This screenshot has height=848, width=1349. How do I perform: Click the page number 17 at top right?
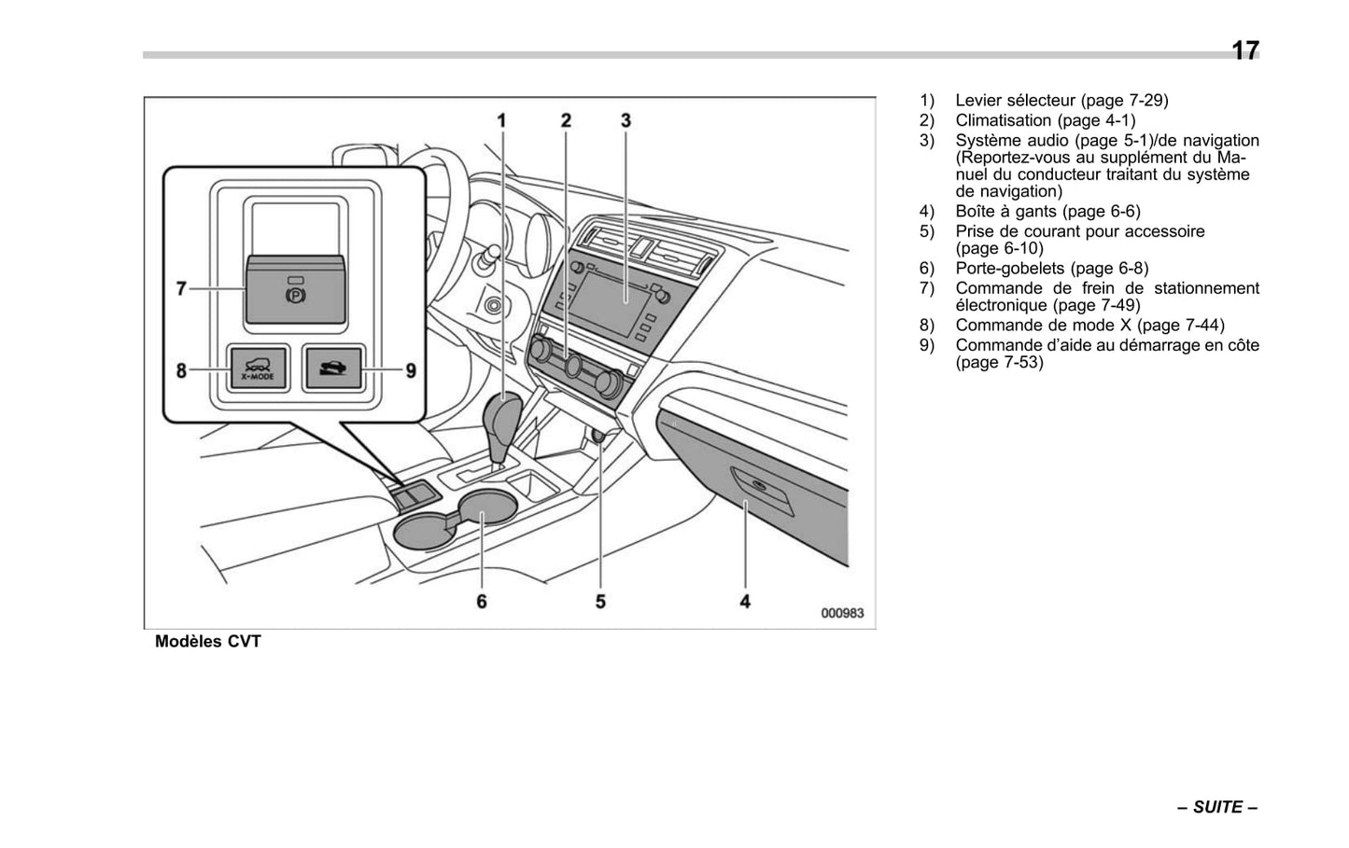[1244, 50]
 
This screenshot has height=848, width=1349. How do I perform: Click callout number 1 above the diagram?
[501, 120]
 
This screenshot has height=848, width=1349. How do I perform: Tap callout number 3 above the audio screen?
[626, 120]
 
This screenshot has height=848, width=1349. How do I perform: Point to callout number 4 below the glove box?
[745, 602]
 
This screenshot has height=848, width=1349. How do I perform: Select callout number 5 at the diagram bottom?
[600, 602]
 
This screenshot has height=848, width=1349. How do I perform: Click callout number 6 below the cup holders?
[482, 602]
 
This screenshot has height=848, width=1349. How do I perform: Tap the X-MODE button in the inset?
[252, 369]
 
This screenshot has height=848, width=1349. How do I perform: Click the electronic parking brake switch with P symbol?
[295, 292]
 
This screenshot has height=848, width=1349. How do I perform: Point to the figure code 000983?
[842, 613]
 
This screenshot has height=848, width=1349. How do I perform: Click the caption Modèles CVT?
[208, 642]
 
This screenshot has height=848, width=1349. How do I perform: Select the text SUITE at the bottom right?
[1218, 807]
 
